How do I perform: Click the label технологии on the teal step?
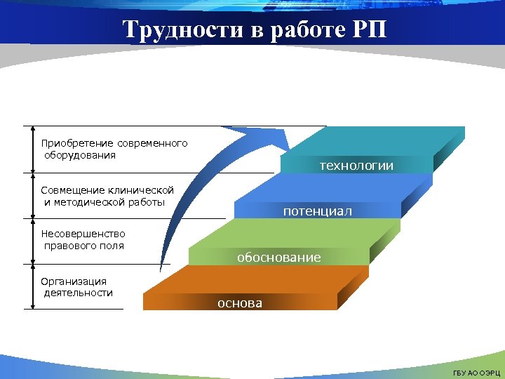[356, 166]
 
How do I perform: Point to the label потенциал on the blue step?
[318, 211]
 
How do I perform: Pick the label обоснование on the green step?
[278, 258]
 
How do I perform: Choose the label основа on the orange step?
[240, 303]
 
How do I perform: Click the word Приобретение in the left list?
[77, 143]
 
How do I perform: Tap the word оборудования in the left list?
[80, 155]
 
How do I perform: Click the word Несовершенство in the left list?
[83, 234]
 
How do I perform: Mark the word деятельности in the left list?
[78, 293]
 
